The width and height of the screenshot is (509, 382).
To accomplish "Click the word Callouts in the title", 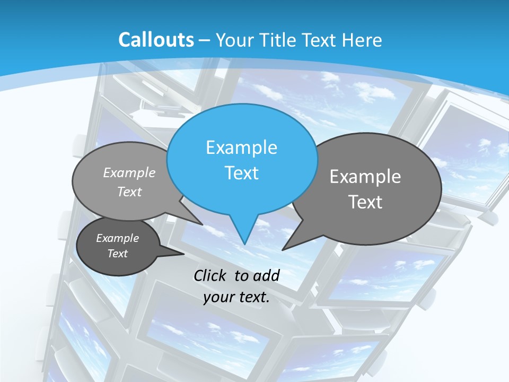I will point(156,40).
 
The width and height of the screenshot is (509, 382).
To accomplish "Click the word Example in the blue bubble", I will point(241,147).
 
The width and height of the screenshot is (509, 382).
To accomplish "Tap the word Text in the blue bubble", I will point(241,173).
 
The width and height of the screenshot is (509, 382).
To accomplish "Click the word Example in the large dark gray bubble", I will point(365,177).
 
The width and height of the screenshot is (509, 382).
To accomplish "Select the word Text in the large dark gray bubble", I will point(365,202).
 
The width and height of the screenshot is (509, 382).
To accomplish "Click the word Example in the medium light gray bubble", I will point(129,173).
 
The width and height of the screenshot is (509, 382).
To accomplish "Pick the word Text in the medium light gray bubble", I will point(129,192).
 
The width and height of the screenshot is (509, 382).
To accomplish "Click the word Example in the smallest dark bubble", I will point(118,238).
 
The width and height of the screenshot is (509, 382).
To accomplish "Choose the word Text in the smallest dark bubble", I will point(118,254).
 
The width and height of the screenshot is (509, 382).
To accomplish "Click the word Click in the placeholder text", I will point(211,275).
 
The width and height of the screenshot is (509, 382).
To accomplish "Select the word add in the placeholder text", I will point(266,275).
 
